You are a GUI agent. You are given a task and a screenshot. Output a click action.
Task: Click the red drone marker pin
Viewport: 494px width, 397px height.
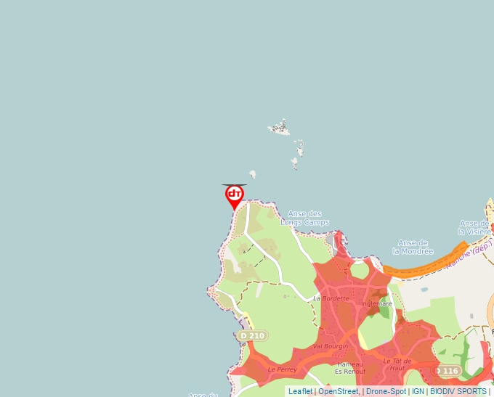pos(234,195)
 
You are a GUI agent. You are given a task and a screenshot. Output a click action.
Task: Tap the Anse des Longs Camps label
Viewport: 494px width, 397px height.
pos(304,218)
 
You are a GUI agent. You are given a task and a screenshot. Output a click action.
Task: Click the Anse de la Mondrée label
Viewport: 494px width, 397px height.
pos(413,247)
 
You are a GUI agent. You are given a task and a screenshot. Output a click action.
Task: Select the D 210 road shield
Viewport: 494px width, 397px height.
pos(252,335)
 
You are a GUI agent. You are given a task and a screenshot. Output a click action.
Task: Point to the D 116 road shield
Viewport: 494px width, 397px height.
pos(447,371)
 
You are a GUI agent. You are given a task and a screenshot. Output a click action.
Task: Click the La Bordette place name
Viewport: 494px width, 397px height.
pos(331,298)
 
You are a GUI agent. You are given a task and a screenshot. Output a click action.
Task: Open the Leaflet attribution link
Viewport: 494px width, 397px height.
pos(300,391)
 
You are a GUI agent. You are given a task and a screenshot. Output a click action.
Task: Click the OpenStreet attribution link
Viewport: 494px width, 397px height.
pos(338,391)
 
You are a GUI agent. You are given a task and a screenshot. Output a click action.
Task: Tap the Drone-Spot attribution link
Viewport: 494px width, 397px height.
pos(386,391)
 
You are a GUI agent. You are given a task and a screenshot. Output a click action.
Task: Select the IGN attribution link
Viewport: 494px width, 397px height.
pos(418,391)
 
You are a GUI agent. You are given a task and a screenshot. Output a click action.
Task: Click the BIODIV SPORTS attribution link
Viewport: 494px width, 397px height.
pos(458,391)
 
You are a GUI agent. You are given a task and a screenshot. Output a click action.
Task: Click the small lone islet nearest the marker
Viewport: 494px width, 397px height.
pos(253,174)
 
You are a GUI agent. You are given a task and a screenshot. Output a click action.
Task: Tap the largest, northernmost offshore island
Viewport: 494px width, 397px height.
pos(280,128)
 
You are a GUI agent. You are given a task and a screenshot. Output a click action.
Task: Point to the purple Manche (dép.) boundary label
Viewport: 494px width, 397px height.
pos(469,253)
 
